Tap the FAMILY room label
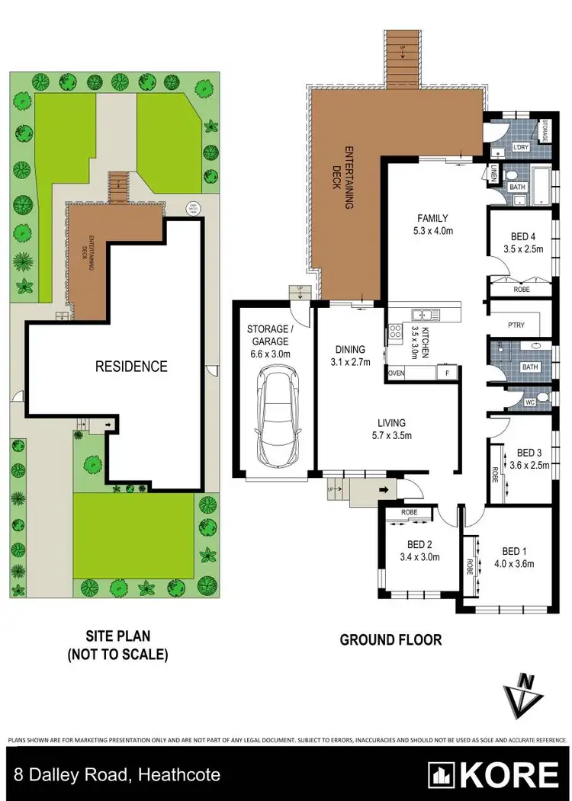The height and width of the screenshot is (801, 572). [x=432, y=217]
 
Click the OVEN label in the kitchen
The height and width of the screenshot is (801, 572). [x=397, y=373]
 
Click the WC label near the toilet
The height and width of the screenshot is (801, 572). [x=529, y=402]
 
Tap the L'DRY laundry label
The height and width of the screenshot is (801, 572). [x=522, y=147]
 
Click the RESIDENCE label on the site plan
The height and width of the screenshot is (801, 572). [x=130, y=367]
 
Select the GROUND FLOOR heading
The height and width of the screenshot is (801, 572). [x=390, y=640]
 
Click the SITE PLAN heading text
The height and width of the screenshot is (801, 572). [x=117, y=634]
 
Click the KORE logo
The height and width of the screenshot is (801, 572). [x=493, y=775]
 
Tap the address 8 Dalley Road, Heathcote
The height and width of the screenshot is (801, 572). [x=115, y=775]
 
